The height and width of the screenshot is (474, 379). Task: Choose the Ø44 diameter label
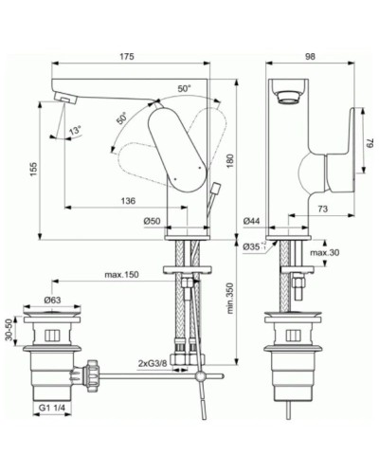[x=252, y=221]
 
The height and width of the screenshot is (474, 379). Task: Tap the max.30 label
[x=325, y=252]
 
